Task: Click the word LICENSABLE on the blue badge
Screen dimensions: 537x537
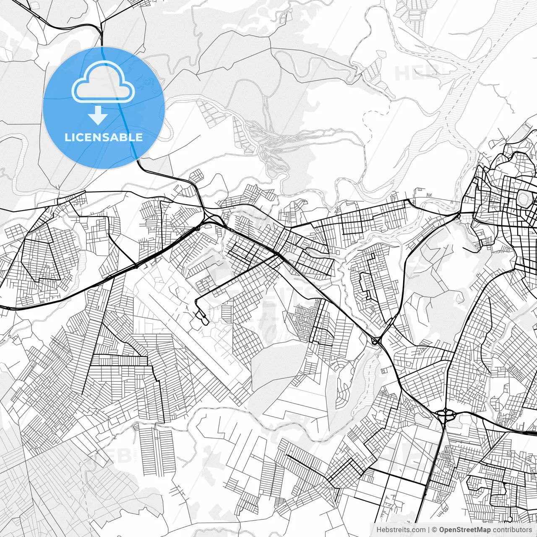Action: point(104,138)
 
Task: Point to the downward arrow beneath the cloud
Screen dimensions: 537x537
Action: point(98,115)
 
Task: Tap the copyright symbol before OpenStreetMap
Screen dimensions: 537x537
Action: point(435,530)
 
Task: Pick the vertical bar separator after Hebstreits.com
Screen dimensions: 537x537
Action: point(428,530)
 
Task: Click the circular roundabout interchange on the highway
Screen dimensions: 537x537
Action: point(446,414)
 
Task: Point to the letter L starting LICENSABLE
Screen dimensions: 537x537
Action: point(67,138)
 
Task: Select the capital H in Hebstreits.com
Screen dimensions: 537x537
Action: point(379,530)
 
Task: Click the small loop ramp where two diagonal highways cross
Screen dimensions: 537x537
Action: point(376,341)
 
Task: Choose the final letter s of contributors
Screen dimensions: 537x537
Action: point(530,530)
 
